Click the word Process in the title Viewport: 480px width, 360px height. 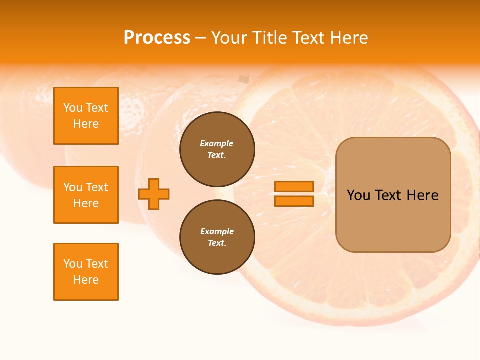(157, 38)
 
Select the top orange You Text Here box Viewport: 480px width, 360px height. (86, 116)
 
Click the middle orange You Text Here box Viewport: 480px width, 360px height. (86, 195)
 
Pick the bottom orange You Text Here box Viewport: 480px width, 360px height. (86, 272)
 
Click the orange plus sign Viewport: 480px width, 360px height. (154, 194)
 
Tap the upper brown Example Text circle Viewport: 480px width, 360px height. (217, 149)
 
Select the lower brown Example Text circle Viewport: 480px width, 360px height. (217, 237)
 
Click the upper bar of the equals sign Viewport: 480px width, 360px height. (294, 186)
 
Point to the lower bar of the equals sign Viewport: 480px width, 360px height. (294, 201)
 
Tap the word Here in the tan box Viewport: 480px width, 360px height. (422, 195)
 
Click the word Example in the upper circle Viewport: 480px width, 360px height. (217, 143)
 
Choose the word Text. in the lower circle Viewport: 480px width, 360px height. (217, 243)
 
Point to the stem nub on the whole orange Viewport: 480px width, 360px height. (243, 79)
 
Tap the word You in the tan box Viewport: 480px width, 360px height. (359, 195)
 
